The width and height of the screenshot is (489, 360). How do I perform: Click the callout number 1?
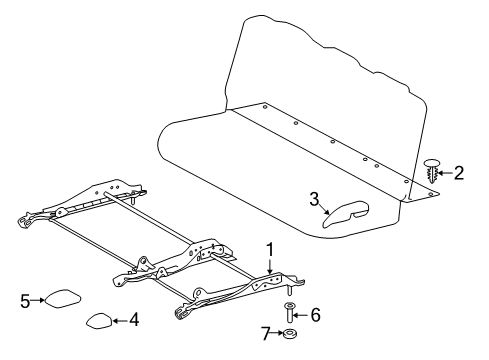coord(268,247)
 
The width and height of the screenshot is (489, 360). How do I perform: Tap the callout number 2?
coord(459,173)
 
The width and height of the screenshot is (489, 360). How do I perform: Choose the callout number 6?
coord(316,314)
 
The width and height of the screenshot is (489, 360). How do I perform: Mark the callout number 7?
coord(266,333)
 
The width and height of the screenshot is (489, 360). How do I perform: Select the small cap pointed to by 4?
coord(99,320)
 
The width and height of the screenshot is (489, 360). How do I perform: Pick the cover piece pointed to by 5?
coord(62,298)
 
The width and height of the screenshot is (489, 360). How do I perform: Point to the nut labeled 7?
coord(290,334)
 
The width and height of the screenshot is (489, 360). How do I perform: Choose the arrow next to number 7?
coord(277,333)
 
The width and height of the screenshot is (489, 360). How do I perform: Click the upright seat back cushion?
coord(330,80)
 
